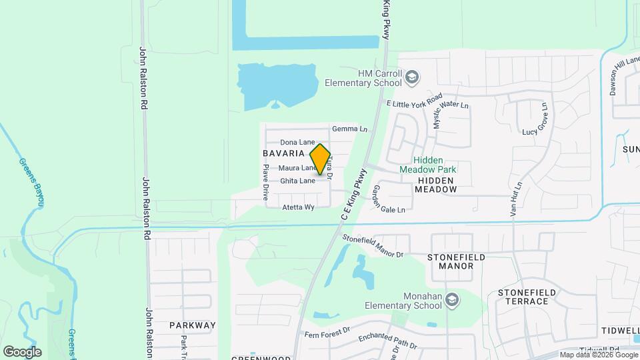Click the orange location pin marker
click(320, 159)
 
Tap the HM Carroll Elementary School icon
click(412, 77)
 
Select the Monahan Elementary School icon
click(452, 300)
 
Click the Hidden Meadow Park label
click(427, 165)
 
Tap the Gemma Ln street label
click(349, 129)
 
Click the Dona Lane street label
click(297, 142)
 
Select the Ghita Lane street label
click(297, 181)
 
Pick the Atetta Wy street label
click(298, 207)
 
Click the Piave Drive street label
click(265, 183)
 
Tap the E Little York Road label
click(415, 101)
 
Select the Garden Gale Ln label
click(387, 199)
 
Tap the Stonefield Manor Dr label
click(373, 246)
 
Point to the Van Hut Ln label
click(514, 199)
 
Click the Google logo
click(22, 351)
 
